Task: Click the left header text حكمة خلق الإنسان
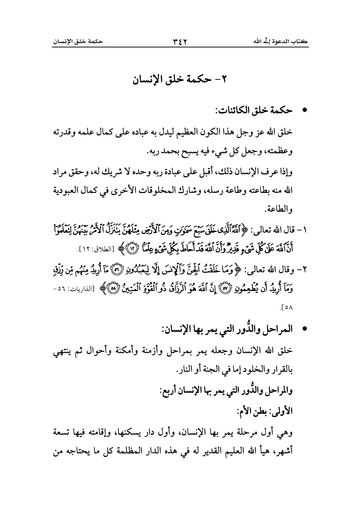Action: (x=78, y=42)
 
